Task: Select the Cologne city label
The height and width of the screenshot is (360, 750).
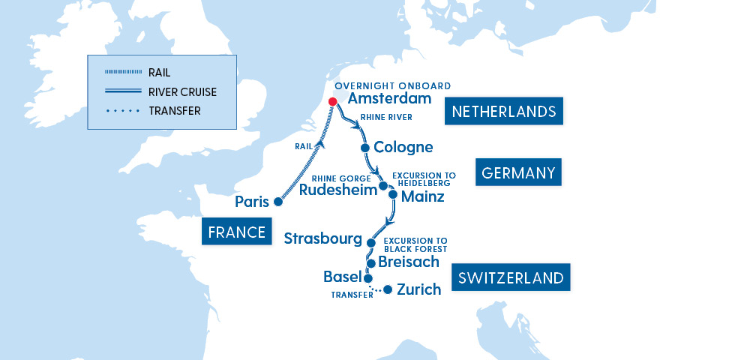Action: (x=403, y=147)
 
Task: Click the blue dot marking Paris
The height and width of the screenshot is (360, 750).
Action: (x=278, y=202)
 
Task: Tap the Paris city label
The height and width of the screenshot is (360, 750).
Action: (x=252, y=202)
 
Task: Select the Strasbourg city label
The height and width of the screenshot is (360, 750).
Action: (x=323, y=238)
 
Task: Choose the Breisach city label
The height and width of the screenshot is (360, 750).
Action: (x=409, y=262)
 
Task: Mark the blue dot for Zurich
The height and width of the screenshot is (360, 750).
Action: (x=387, y=289)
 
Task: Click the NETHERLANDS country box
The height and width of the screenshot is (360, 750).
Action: (x=503, y=112)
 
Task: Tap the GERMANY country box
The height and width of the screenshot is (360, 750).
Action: (x=519, y=173)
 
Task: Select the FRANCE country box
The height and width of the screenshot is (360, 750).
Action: (x=237, y=232)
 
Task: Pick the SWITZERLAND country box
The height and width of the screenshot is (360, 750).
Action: (x=511, y=278)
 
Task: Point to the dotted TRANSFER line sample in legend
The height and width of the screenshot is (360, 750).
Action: (x=123, y=111)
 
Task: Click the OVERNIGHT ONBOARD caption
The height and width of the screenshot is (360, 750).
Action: (x=393, y=85)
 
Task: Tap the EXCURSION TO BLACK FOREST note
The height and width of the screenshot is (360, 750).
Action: (x=415, y=244)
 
